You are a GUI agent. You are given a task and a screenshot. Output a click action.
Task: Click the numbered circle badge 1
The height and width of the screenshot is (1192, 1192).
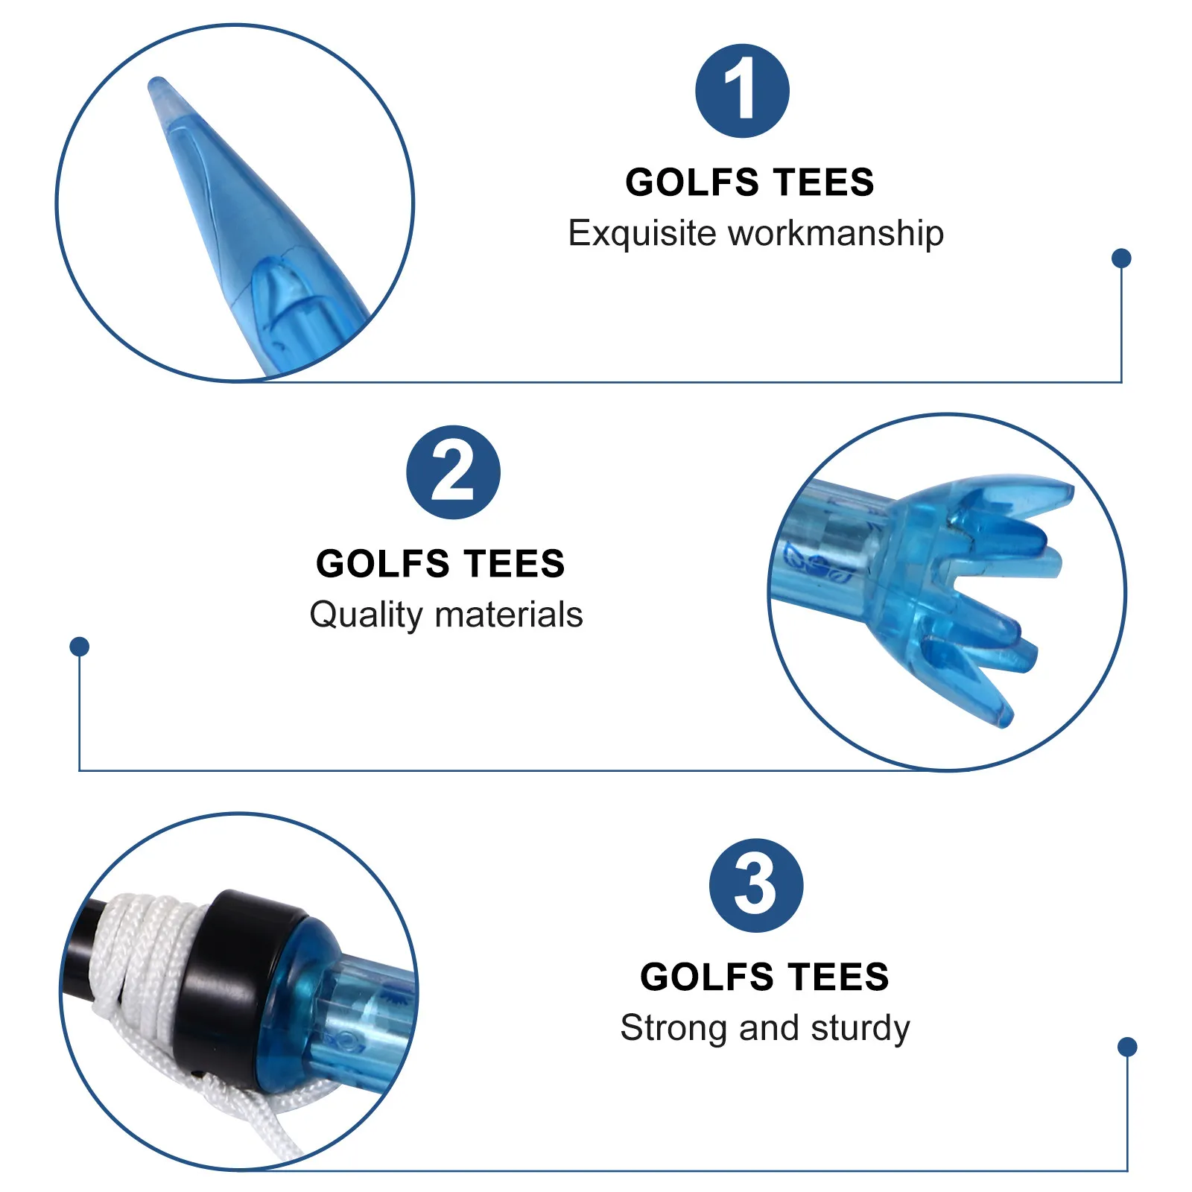[742, 91]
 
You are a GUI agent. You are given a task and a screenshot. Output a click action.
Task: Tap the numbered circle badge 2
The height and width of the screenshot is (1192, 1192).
[453, 472]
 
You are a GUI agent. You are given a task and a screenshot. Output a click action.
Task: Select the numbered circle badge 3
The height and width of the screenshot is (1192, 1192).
[755, 885]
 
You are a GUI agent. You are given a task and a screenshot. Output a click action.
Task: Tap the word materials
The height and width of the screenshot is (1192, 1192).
[509, 615]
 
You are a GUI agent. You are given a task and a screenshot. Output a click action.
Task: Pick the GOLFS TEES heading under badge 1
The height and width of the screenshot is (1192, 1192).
[749, 183]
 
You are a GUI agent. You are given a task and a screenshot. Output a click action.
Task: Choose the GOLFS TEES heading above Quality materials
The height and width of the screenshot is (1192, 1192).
[440, 564]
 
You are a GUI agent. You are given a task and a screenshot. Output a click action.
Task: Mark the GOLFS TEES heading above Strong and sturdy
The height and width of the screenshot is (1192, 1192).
[764, 977]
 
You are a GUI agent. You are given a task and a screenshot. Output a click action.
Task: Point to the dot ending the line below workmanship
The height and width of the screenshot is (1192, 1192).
[1121, 258]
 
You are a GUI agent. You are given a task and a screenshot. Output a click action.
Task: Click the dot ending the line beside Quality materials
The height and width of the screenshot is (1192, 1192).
[80, 646]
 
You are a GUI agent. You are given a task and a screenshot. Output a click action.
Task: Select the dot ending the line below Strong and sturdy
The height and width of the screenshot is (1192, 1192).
[1127, 1047]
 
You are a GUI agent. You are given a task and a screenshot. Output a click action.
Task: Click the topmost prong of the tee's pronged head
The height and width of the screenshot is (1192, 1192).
[1028, 492]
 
